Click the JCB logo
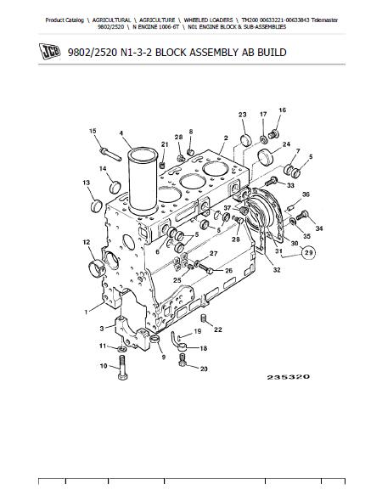tap(49, 51)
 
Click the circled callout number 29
tap(308, 253)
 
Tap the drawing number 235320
tap(288, 377)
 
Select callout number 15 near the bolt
tap(93, 131)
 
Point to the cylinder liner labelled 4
tap(143, 181)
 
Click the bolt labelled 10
tap(122, 368)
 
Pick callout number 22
tap(218, 329)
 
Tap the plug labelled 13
tap(97, 205)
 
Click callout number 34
tap(319, 228)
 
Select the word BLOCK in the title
tap(171, 52)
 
